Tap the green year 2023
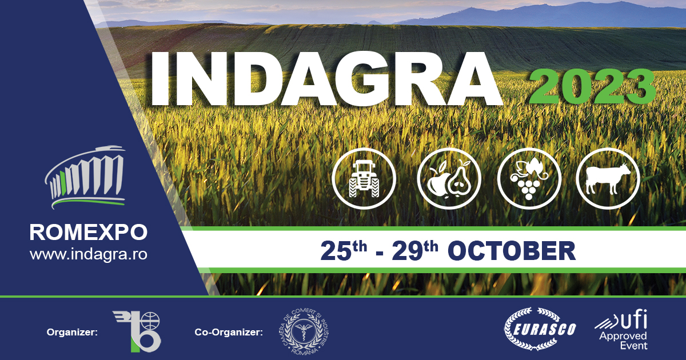coord(592,87)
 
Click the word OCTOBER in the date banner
coord(510,251)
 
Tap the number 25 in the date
coord(334,251)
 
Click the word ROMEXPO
coord(88,232)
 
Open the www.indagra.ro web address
coord(88,254)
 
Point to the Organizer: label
coord(71,331)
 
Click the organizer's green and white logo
coord(137,331)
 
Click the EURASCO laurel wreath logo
coord(540,330)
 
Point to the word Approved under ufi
coord(623,336)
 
